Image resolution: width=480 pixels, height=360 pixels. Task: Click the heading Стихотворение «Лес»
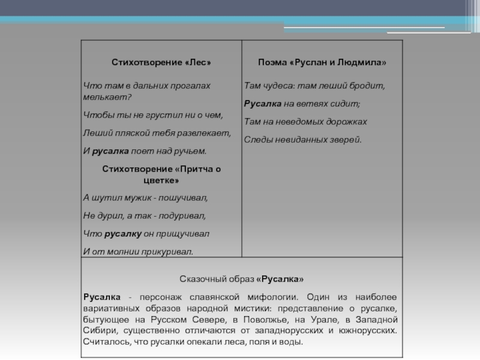[x=161, y=62]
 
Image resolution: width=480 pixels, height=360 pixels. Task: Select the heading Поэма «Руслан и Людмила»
[x=322, y=62]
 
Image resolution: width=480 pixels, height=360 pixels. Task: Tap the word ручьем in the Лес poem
[x=191, y=151]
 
